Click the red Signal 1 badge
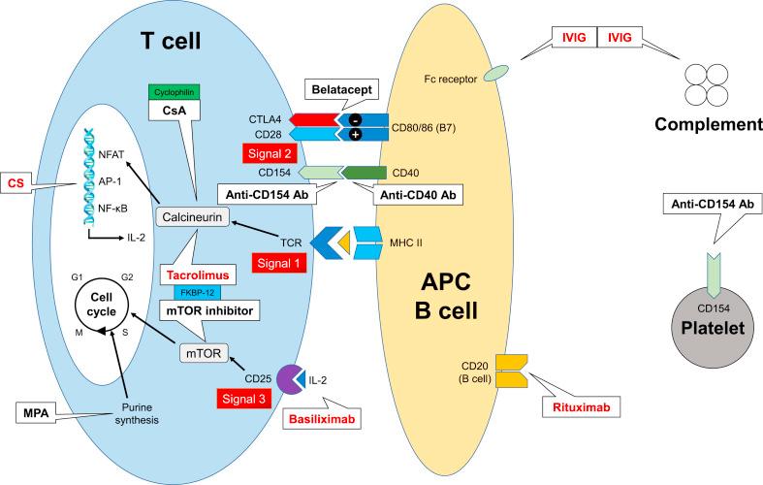point(276,263)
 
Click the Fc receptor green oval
point(497,72)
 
